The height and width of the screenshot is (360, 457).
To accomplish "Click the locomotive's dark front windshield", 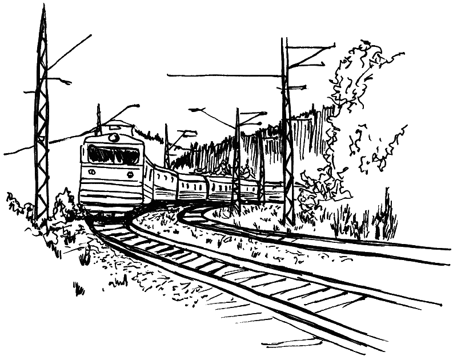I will pyautogui.click(x=113, y=154).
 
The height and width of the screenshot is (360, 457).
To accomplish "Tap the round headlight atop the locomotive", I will pyautogui.click(x=114, y=138).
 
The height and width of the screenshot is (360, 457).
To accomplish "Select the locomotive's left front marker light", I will pyautogui.click(x=91, y=173).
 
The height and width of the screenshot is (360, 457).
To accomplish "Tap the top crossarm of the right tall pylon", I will pyautogui.click(x=308, y=46).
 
